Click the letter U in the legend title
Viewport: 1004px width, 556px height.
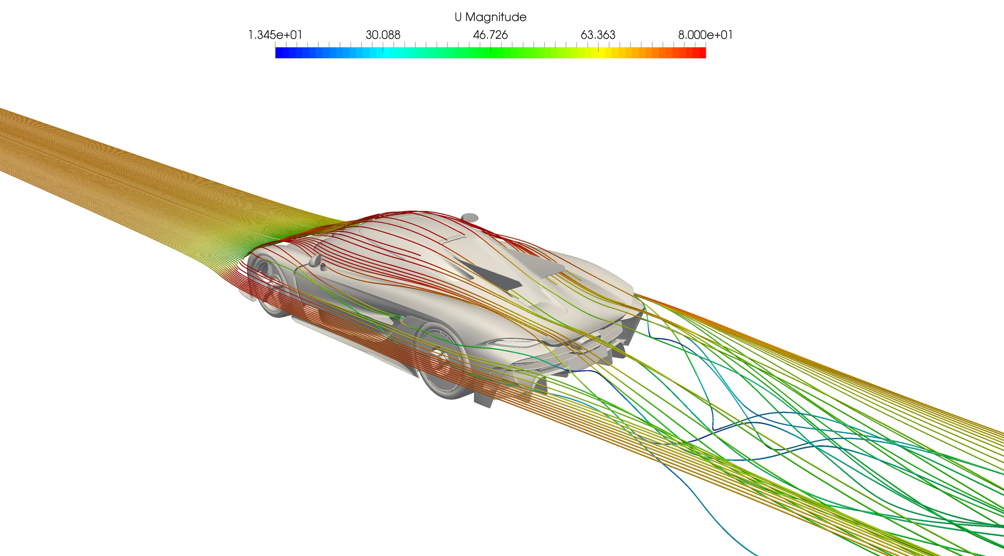(x=458, y=17)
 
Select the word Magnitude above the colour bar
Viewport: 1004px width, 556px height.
(x=496, y=17)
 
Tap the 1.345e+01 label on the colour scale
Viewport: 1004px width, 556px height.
(x=275, y=35)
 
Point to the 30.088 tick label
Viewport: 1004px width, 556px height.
(x=383, y=35)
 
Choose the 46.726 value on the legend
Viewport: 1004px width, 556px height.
(x=490, y=35)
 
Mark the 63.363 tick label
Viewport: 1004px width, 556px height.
(x=598, y=35)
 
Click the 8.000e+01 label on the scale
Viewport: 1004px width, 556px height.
(x=705, y=35)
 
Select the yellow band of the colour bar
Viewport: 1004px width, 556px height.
(x=598, y=53)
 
